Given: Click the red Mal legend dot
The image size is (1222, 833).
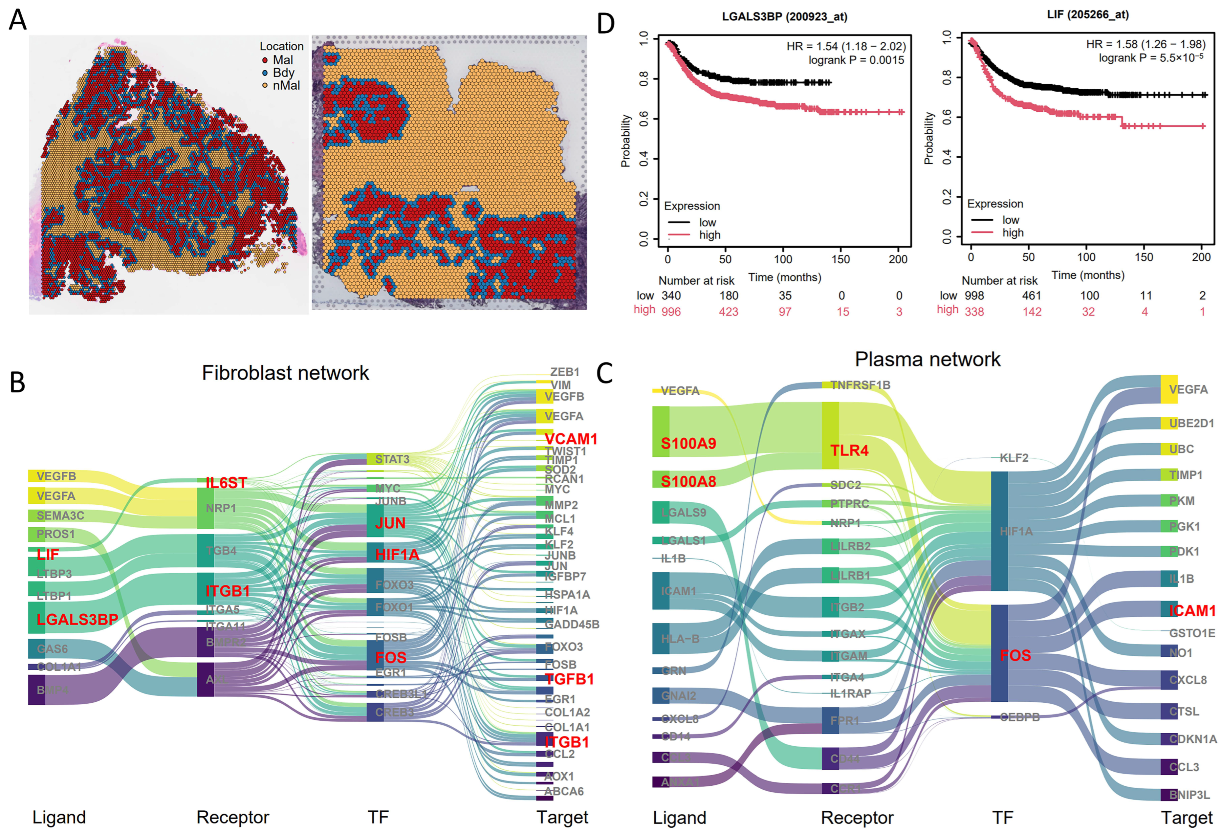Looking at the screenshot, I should pos(265,60).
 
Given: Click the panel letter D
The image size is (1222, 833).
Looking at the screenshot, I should pos(606,24).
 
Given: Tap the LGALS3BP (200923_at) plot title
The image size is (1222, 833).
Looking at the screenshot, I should pos(784,17).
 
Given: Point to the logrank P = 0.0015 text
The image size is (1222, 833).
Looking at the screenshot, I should pos(856,60).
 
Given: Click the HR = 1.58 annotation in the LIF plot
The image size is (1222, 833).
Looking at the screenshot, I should pos(1145,44).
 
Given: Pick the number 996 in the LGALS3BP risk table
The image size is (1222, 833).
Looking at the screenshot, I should pos(671,312).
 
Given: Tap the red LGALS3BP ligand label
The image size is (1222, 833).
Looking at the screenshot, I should pos(77,620).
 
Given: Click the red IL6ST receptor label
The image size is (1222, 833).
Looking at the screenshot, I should pos(226,483).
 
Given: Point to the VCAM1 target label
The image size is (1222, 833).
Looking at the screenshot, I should pos(571,439).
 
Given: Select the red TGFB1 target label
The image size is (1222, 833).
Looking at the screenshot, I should pos(569,679).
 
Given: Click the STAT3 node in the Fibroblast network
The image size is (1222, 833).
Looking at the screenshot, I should pos(392,459).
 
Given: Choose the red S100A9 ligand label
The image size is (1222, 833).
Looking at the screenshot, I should pos(688,443).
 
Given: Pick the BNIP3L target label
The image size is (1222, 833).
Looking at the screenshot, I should pos(1189,795).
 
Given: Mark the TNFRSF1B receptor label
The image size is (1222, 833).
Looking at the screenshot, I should pos(860,385).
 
